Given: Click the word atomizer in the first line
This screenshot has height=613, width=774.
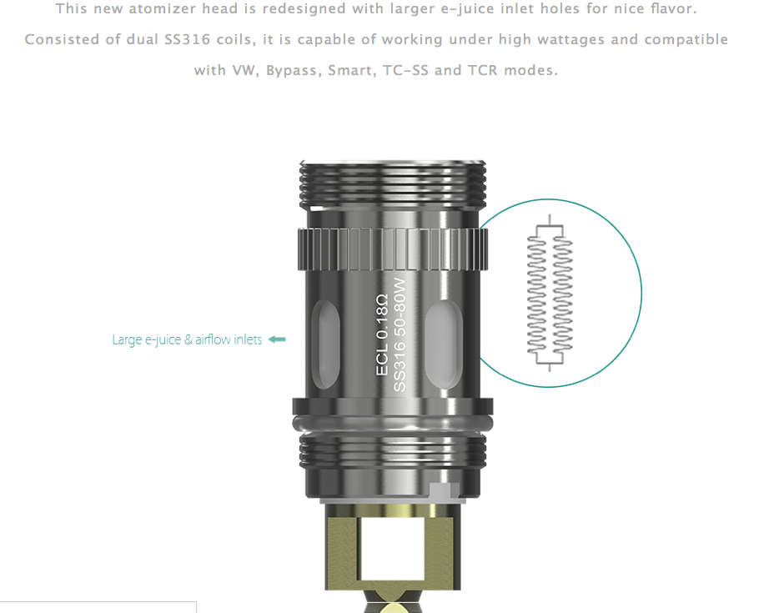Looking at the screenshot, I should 161,9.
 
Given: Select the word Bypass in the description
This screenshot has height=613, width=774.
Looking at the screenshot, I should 291,70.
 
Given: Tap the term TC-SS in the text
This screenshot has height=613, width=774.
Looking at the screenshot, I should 405,70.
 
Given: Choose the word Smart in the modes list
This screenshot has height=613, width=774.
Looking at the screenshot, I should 350,70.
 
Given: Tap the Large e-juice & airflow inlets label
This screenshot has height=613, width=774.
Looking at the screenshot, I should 187,339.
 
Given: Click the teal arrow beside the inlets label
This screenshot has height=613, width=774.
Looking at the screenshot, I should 278,339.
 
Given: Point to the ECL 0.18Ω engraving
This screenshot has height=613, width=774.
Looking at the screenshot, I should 382,334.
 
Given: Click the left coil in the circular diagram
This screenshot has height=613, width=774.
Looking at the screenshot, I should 538,293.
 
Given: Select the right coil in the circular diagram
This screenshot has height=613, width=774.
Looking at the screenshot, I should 564,293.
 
